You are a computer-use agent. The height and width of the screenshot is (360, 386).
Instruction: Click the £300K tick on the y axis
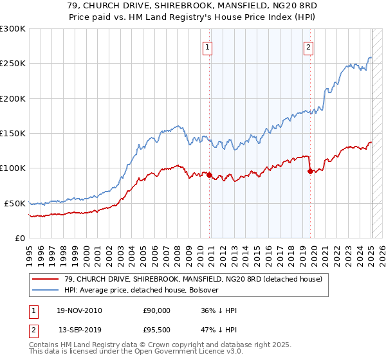13,29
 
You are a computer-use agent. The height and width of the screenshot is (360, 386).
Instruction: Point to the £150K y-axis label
13,134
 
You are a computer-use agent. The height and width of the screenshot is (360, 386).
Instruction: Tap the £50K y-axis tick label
15,203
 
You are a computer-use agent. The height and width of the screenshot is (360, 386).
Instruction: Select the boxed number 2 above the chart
309,46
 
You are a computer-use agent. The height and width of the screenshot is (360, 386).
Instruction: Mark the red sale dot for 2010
209,175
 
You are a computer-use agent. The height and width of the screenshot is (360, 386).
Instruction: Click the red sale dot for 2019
310,171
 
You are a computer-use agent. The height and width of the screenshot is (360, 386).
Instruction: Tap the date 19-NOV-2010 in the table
80,310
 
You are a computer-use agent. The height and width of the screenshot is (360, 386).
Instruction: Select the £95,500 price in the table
156,329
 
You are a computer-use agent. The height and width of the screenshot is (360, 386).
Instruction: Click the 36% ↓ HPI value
219,310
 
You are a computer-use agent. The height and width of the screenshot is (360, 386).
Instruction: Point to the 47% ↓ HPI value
219,329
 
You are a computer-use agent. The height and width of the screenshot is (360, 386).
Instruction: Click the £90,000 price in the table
156,310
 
